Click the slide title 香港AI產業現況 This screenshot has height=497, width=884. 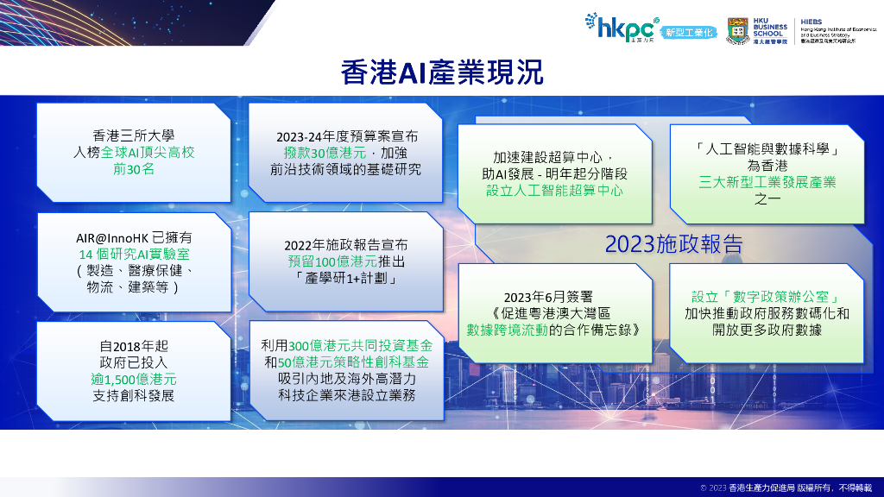[442, 72]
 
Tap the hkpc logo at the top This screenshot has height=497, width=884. [620, 26]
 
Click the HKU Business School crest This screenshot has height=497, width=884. [738, 27]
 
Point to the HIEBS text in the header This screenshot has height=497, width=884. [814, 19]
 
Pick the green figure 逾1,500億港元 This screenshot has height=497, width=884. [133, 379]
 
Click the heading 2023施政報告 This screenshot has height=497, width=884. [672, 244]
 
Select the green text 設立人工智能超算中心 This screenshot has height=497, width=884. [553, 191]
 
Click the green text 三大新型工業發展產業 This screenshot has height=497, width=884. [767, 183]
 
